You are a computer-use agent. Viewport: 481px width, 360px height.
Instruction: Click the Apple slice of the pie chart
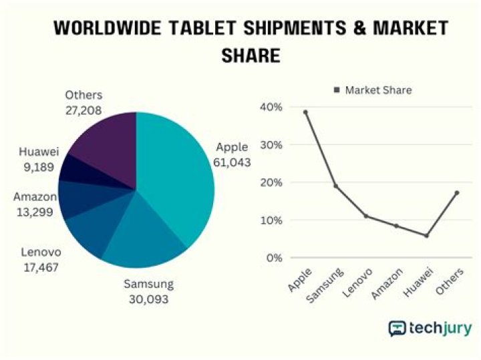pos(177,180)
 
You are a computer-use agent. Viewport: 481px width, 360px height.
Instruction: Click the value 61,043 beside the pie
pos(232,162)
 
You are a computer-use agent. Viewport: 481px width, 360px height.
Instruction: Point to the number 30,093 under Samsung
pos(148,299)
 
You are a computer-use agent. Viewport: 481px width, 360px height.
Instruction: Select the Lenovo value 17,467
pos(39,267)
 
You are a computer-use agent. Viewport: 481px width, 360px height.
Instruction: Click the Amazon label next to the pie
pos(34,197)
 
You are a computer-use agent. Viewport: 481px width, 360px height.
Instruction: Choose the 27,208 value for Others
pos(84,110)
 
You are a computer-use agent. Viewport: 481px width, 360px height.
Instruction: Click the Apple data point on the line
pos(305,112)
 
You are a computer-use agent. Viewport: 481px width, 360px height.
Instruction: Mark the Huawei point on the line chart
pos(426,236)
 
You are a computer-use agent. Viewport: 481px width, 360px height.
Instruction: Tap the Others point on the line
pos(456,192)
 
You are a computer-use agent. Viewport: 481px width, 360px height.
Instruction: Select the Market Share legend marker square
pos(337,90)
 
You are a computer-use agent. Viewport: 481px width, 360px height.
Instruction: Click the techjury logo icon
pos(399,329)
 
